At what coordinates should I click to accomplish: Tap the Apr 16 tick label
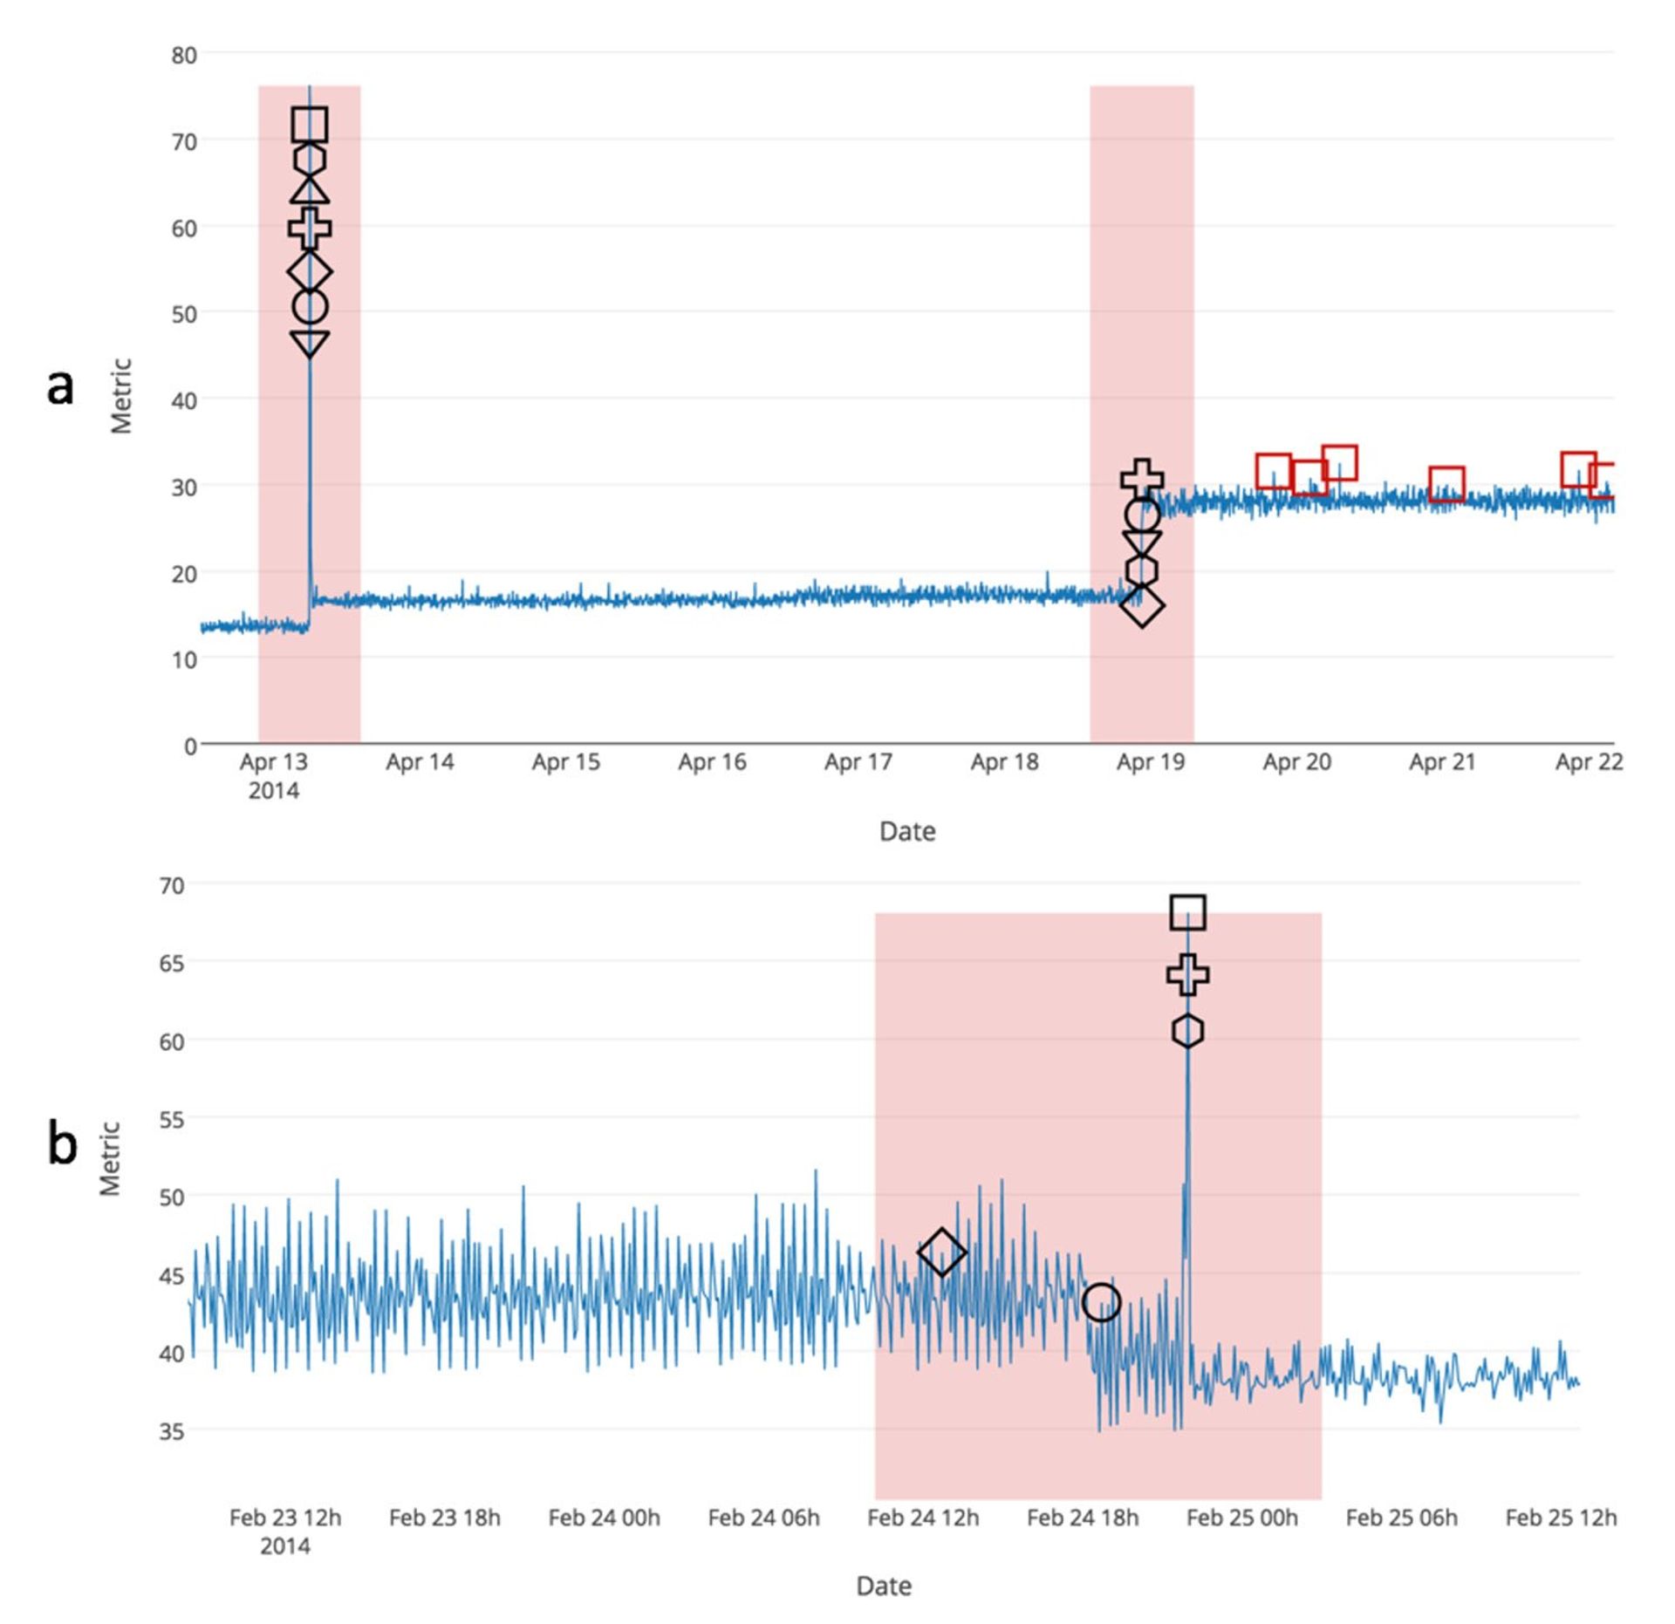click(x=712, y=762)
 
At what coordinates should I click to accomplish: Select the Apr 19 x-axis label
click(x=1151, y=762)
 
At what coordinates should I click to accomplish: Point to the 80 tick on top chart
click(x=184, y=55)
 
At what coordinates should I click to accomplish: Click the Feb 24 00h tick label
click(x=604, y=1518)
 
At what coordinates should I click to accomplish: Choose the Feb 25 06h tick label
click(x=1401, y=1518)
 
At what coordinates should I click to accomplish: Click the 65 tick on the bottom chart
click(x=172, y=963)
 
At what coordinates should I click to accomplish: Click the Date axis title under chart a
click(x=907, y=831)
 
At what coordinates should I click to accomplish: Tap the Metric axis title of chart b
click(x=110, y=1158)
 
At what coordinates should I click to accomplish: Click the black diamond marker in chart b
click(x=941, y=1252)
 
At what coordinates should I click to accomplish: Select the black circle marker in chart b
click(x=1101, y=1302)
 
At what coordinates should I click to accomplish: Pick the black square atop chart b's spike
click(x=1188, y=912)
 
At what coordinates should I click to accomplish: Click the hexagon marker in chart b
click(x=1188, y=1031)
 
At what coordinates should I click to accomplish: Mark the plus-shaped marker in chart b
click(x=1188, y=974)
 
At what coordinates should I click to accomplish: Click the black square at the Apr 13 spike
click(x=310, y=125)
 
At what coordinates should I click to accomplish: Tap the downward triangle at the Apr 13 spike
click(x=310, y=343)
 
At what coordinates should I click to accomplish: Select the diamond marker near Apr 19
click(x=1142, y=605)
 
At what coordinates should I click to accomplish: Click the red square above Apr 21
click(x=1446, y=484)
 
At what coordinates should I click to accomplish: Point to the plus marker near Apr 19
click(x=1142, y=478)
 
